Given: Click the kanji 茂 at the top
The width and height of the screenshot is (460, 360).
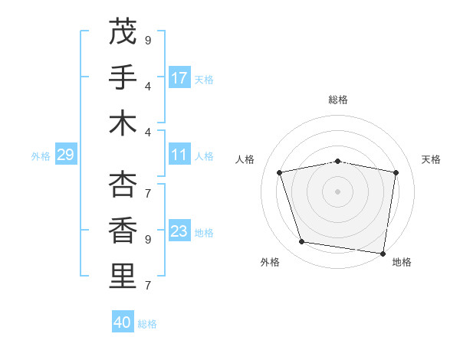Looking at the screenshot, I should [x=123, y=32].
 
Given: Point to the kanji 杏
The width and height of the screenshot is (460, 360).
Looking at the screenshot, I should [x=123, y=185].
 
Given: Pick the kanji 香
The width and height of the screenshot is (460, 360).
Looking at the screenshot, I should [x=123, y=230].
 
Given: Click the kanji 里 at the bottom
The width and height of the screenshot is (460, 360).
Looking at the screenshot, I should [x=123, y=276].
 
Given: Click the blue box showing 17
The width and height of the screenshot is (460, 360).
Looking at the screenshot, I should [x=179, y=77].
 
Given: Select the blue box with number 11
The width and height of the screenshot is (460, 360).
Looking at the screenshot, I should [x=179, y=155].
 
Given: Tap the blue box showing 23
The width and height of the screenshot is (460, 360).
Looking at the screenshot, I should [x=179, y=231].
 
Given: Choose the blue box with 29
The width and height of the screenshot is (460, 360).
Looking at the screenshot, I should [x=65, y=155].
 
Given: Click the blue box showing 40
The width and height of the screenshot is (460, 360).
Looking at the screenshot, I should [x=123, y=322].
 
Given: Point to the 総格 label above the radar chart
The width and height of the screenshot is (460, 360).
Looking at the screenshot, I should [x=338, y=100].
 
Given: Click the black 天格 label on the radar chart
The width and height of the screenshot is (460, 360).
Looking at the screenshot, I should [x=431, y=159].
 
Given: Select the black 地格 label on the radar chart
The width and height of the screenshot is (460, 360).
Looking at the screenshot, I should [x=402, y=262].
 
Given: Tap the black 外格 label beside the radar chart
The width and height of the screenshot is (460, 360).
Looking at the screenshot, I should [x=270, y=262].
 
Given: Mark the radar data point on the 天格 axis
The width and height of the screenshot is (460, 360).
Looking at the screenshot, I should [x=396, y=172].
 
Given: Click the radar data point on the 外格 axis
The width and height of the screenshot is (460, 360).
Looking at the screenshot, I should [x=301, y=242].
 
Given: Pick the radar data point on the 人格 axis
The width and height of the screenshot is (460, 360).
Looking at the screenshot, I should [x=280, y=172].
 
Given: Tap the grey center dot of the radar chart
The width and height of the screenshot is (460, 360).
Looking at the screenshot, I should [x=338, y=191].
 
